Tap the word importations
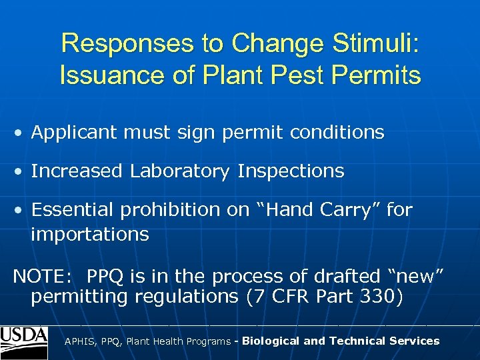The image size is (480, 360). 89,235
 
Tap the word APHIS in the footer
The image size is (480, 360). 79,341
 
